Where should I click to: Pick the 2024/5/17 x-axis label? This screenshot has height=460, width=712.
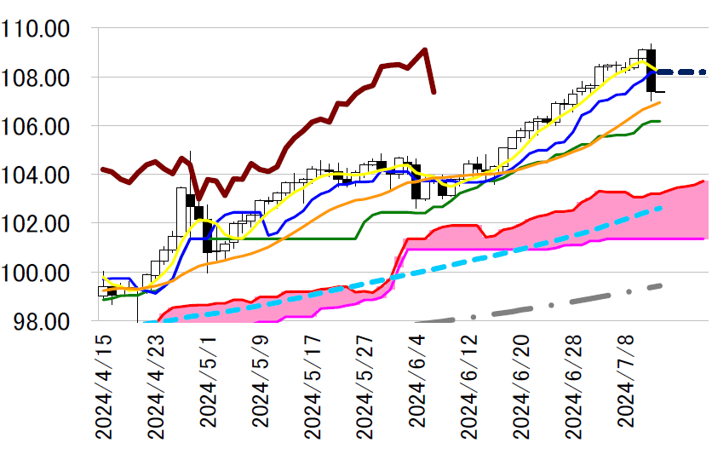pyautogui.click(x=313, y=385)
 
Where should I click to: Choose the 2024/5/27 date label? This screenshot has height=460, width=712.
pyautogui.click(x=366, y=385)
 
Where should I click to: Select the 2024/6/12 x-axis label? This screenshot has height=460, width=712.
pyautogui.click(x=470, y=385)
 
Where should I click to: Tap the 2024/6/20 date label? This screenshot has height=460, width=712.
pyautogui.click(x=523, y=385)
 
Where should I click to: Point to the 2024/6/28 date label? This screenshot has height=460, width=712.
pyautogui.click(x=575, y=385)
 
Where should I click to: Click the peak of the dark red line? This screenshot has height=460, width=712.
pyautogui.click(x=424, y=49)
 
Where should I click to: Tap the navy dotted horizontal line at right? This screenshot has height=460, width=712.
pyautogui.click(x=681, y=72)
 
